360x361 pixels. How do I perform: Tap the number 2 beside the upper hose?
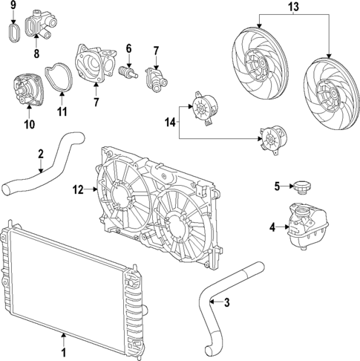pyautogui.click(x=41, y=155)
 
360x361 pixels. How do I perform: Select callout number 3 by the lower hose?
pyautogui.click(x=227, y=302)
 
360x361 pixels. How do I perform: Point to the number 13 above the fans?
pyautogui.click(x=293, y=7)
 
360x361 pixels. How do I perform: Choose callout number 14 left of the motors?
pyautogui.click(x=169, y=122)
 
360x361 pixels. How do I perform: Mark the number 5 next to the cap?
pyautogui.click(x=275, y=186)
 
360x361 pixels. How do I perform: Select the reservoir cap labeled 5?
pyautogui.click(x=301, y=186)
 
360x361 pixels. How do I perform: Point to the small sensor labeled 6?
pyautogui.click(x=128, y=73)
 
